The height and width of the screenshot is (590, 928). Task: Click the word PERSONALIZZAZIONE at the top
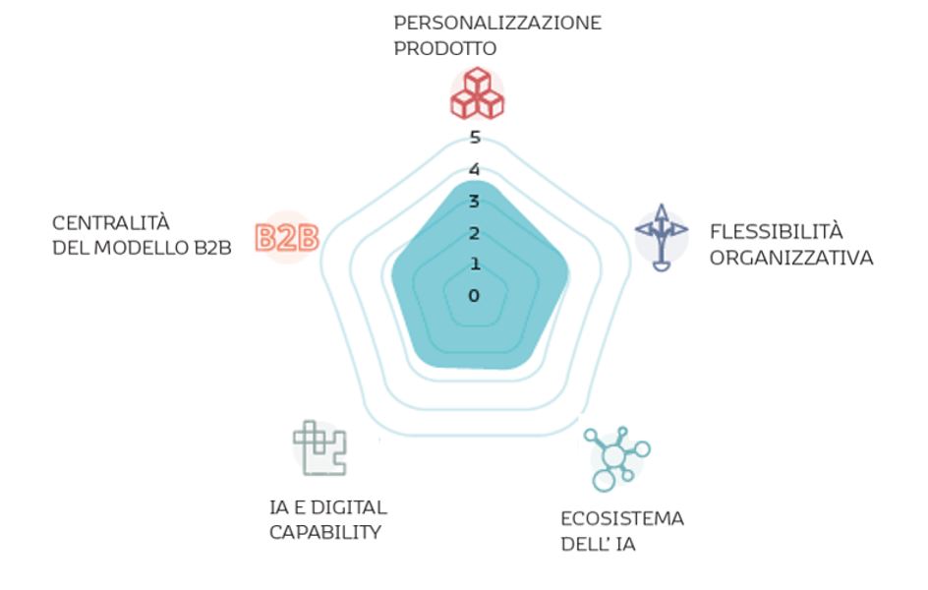497,22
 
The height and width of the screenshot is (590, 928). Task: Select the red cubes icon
477,93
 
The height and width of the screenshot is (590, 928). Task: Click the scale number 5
475,137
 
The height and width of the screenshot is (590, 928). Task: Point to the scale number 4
475,169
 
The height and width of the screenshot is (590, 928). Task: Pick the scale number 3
475,202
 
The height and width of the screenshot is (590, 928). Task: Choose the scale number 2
475,233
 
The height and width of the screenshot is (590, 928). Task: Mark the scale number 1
475,264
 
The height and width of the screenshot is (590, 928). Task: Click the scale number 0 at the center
475,295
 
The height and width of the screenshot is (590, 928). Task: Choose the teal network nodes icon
617,458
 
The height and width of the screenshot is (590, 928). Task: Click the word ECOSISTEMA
622,518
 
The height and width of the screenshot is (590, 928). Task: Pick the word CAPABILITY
324,532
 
